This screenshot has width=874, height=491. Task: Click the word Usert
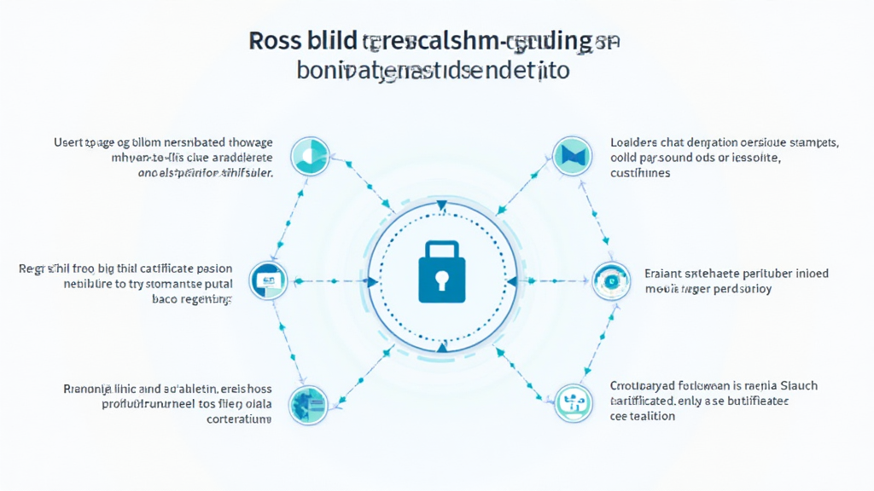click(x=70, y=142)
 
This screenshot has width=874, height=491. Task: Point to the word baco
click(x=166, y=299)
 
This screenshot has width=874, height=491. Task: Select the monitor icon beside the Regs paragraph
click(x=268, y=280)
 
